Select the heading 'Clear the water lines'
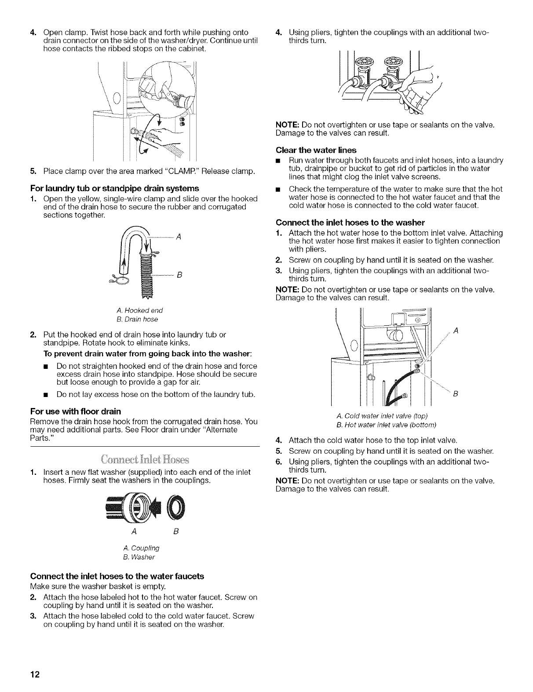(316, 150)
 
